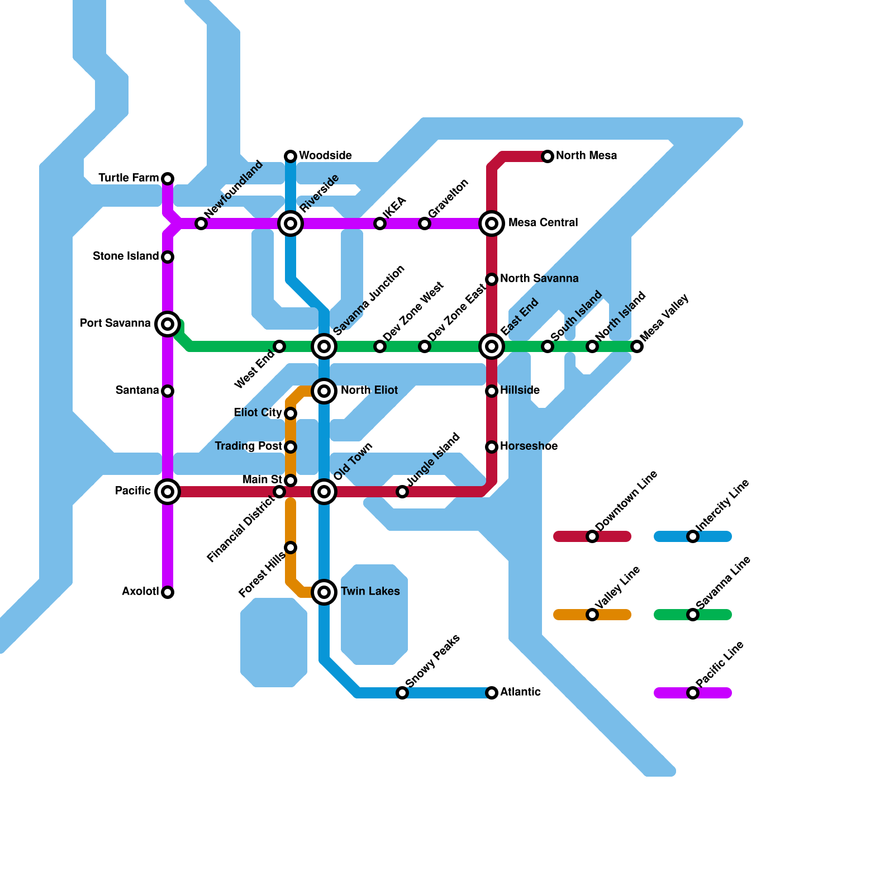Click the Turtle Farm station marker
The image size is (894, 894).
168,179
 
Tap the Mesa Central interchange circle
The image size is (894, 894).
492,223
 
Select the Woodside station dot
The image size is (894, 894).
291,156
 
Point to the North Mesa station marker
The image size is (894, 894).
548,156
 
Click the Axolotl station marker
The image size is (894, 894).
168,592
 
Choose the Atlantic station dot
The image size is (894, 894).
492,693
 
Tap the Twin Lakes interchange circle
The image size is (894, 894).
324,592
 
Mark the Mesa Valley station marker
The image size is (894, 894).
637,346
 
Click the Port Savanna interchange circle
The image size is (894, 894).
168,324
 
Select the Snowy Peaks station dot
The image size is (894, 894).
402,693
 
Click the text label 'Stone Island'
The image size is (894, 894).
126,256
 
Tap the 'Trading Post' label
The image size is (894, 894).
248,446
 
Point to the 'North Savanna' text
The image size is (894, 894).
539,279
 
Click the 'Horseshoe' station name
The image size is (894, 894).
529,446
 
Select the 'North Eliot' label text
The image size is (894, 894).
369,391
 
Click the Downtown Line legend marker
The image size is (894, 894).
592,536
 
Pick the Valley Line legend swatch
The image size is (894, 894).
592,615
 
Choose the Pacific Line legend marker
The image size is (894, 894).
693,693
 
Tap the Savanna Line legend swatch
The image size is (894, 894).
693,615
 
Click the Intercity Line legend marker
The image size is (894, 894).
693,536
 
